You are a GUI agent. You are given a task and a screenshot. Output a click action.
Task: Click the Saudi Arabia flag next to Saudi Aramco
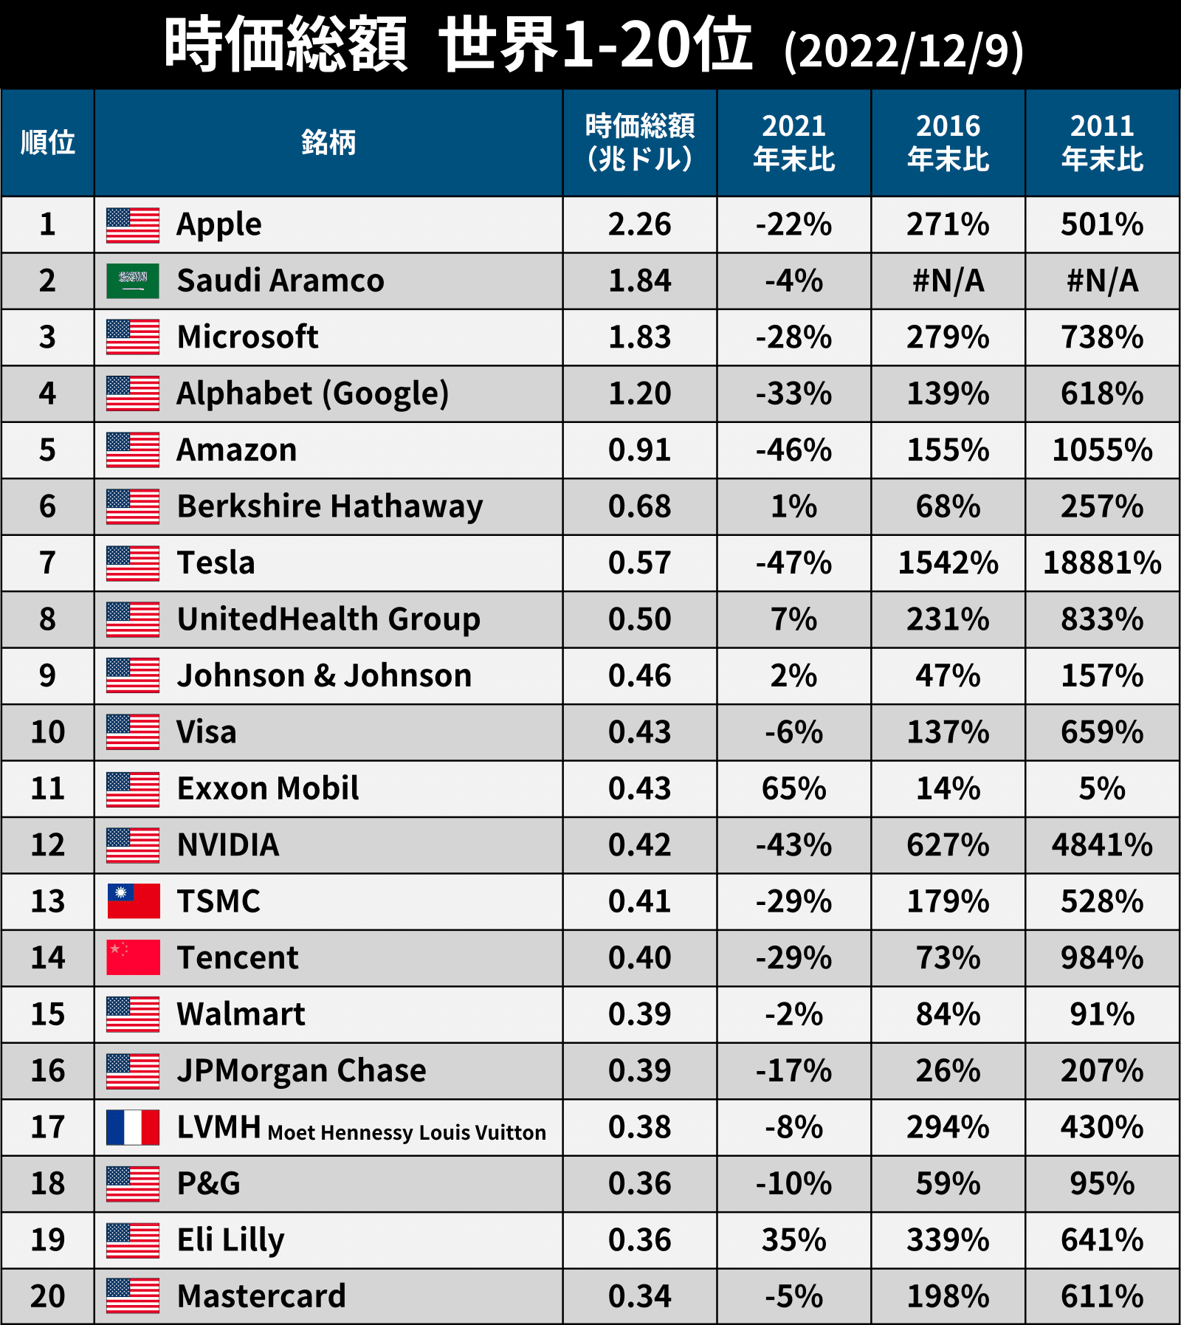133,281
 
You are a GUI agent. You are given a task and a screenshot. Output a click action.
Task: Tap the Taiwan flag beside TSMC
133,901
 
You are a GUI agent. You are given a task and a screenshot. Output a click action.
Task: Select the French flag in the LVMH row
133,1127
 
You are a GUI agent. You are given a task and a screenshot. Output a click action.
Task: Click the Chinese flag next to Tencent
133,957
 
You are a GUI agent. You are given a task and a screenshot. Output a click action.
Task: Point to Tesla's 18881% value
1102,563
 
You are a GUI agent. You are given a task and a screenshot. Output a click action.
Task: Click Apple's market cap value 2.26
639,224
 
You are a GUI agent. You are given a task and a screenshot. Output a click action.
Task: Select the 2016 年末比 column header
948,142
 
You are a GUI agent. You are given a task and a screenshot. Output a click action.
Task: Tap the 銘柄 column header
328,142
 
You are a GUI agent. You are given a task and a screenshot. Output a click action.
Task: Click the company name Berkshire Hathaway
330,507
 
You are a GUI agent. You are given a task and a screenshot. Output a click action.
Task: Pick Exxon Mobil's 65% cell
793,788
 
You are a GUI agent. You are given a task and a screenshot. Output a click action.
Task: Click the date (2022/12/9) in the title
903,50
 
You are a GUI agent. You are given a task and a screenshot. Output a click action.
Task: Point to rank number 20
48,1296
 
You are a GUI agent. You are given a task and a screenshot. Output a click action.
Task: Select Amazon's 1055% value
1102,450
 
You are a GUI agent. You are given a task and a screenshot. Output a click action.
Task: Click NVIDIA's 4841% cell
1102,845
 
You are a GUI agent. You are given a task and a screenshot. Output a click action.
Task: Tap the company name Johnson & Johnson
324,676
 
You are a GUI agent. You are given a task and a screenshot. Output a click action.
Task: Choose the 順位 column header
48,142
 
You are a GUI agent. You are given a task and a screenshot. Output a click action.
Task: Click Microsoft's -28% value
793,337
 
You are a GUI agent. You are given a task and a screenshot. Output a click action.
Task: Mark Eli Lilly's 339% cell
948,1240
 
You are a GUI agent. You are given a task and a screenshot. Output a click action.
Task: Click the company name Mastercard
261,1296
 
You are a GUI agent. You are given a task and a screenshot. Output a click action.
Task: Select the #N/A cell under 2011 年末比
1102,281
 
